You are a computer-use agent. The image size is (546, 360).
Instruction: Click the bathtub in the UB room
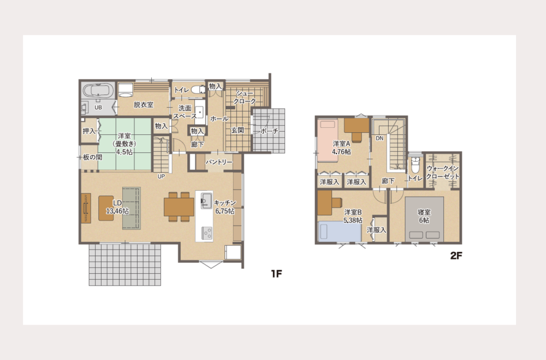(98, 90)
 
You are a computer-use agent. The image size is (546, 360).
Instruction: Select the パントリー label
(219, 162)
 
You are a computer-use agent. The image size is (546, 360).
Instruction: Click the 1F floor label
(276, 274)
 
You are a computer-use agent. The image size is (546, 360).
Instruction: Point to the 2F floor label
(456, 256)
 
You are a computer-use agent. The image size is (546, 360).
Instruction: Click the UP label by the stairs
(161, 176)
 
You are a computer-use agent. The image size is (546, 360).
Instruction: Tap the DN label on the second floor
(379, 138)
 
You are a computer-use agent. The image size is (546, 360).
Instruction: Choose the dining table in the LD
(179, 206)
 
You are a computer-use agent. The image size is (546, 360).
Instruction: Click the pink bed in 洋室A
(328, 141)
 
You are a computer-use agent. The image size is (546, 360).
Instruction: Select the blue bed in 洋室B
(340, 232)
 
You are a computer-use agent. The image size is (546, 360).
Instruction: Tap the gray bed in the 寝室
(424, 219)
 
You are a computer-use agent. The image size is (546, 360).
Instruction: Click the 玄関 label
(238, 131)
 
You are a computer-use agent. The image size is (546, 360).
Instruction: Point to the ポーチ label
(270, 131)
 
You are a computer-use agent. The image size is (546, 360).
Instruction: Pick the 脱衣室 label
(144, 104)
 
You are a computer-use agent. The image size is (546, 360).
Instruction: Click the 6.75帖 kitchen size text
(224, 211)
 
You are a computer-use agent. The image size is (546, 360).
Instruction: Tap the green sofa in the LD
(131, 208)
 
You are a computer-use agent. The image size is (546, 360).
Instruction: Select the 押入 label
(89, 131)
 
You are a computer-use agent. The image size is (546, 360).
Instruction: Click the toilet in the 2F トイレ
(415, 165)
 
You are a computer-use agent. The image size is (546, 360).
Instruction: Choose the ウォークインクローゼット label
(443, 173)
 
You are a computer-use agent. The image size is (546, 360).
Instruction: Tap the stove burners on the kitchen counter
(206, 233)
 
